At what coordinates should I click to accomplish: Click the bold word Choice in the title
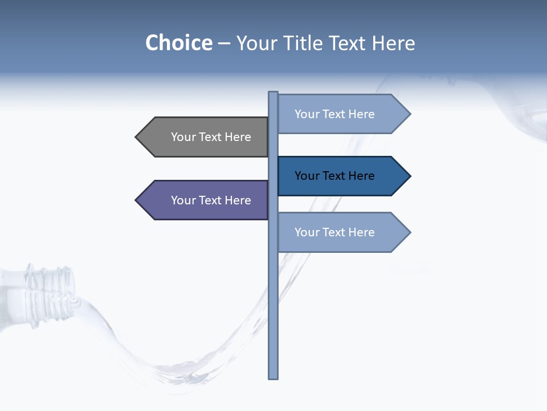tap(178, 43)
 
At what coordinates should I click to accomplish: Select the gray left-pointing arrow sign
tap(205, 137)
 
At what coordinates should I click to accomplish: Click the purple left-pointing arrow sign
tap(205, 200)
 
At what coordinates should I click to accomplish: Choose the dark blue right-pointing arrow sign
tap(339, 176)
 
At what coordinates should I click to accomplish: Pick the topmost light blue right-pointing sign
tap(339, 114)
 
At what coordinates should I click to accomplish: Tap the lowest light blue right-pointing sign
tap(339, 232)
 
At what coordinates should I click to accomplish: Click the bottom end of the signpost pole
tap(273, 377)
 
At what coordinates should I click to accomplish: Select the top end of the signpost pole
tap(273, 93)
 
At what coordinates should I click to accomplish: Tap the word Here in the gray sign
tap(238, 137)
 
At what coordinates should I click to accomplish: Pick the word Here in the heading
tap(394, 43)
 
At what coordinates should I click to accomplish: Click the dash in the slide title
tap(224, 43)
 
